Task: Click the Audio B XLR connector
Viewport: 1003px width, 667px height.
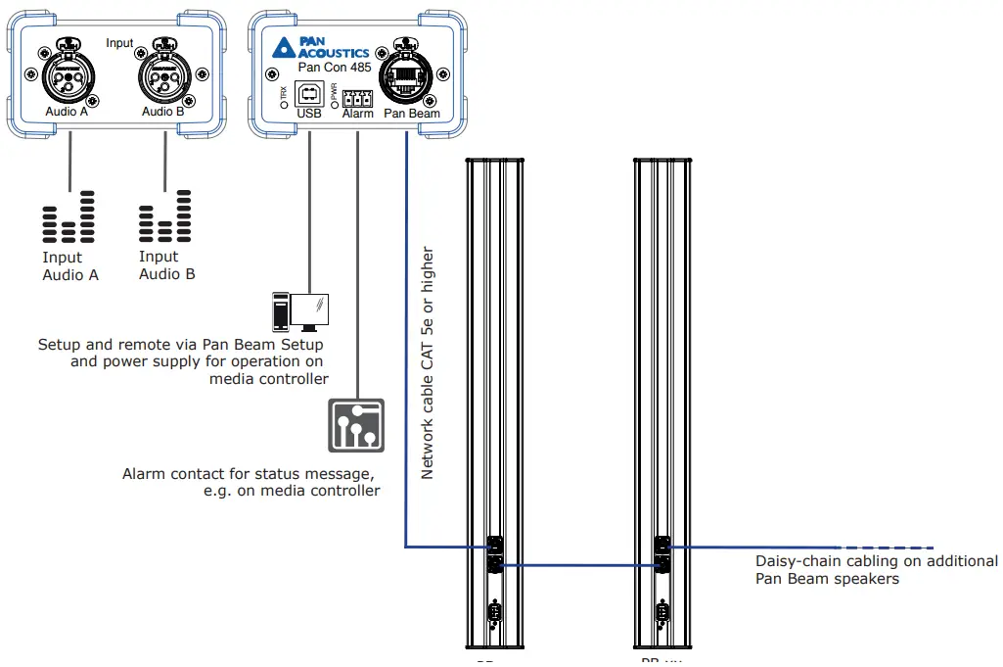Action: pos(163,73)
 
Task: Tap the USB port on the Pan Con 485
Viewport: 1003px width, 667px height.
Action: pos(308,95)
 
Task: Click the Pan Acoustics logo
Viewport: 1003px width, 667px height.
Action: pos(320,47)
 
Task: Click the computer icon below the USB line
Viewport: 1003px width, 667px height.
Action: pos(301,312)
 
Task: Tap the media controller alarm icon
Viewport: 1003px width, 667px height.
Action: pos(356,425)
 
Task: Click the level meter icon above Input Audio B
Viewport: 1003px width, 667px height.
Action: pos(165,217)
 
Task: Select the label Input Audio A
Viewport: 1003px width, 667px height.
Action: pos(69,266)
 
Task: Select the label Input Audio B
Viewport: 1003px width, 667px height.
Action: pos(166,265)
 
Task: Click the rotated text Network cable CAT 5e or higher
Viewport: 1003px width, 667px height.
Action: pos(427,363)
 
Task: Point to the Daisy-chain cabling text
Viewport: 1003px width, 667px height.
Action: pos(876,570)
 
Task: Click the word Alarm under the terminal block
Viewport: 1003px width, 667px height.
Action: pos(358,114)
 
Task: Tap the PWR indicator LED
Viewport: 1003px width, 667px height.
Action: pos(334,102)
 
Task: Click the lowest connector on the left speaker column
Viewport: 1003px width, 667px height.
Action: pos(494,614)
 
